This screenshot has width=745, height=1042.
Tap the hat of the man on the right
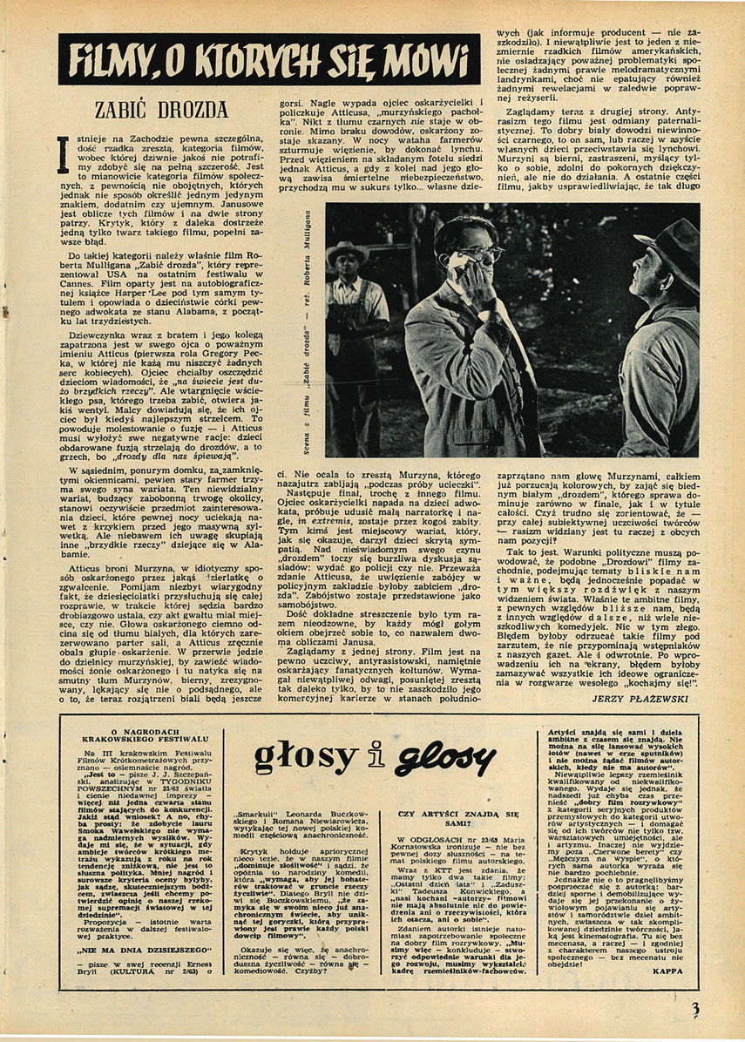coord(672,239)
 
